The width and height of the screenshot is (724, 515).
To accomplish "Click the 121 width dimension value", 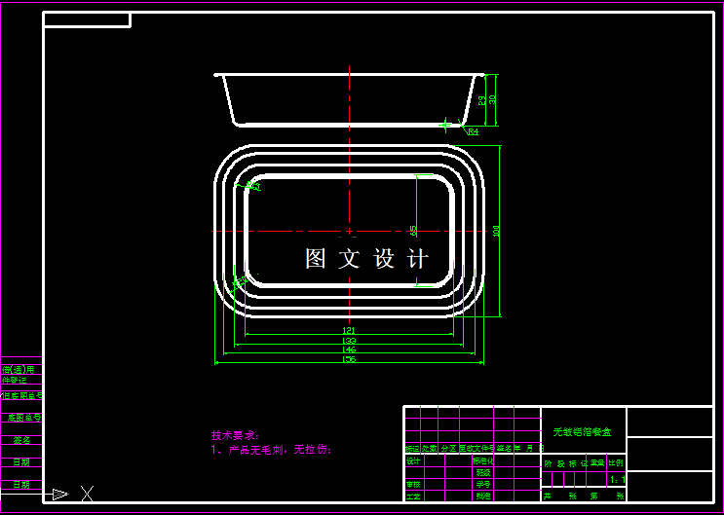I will (x=349, y=331).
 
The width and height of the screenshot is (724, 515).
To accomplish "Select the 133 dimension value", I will (x=349, y=341).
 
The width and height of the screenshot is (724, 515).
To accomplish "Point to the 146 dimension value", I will (x=349, y=349).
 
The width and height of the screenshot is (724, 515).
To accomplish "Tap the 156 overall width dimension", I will (x=349, y=359).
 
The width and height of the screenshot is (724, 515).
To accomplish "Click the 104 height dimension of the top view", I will (x=496, y=231).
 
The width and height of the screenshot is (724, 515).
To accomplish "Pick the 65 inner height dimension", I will (x=413, y=231).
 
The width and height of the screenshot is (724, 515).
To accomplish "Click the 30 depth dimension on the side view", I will (x=492, y=99).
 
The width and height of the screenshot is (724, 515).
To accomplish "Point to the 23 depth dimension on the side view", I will (x=481, y=99).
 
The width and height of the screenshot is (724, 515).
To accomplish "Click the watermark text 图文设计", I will (x=366, y=259).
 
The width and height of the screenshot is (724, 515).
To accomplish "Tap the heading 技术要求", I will (x=233, y=435).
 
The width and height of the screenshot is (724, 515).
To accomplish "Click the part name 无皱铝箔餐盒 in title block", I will (x=583, y=431).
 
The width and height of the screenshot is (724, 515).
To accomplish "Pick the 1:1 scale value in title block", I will (x=616, y=480).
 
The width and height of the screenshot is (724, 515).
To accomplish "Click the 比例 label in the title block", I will (x=616, y=463).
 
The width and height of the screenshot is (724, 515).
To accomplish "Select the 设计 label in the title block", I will (x=413, y=460).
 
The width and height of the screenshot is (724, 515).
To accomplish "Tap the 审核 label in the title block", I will (x=413, y=484).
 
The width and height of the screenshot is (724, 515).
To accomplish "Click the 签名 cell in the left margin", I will (x=20, y=440).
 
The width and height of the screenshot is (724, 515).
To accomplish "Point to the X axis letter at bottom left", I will (x=88, y=493).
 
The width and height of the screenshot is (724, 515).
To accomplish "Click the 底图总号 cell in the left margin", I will (x=20, y=418).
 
